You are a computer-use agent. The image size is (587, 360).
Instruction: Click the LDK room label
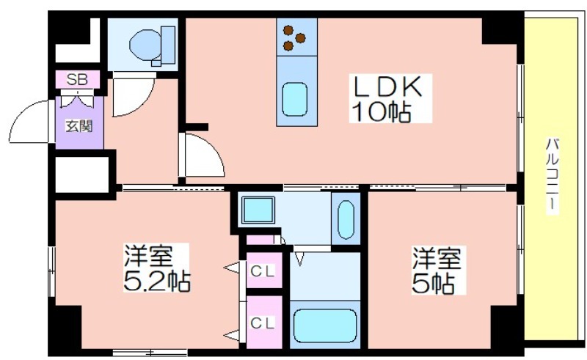[x=388, y=87]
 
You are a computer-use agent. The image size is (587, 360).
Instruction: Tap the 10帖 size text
[x=382, y=111]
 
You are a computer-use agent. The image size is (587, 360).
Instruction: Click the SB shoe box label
[x=77, y=79]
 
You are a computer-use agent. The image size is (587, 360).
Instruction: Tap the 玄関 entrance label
[x=79, y=126]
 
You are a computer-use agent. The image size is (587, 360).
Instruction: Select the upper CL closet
[x=264, y=271]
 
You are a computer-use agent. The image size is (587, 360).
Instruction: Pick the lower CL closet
[x=264, y=322]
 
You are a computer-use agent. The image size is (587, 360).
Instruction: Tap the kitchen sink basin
[x=295, y=99]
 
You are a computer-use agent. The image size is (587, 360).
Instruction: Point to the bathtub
[x=324, y=325]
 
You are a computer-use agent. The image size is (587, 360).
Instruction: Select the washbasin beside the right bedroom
[x=346, y=220]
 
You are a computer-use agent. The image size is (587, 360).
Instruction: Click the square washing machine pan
[x=258, y=210]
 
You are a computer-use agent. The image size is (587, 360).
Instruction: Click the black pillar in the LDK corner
[x=500, y=31]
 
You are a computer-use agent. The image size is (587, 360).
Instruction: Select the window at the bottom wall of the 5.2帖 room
[x=150, y=353]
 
